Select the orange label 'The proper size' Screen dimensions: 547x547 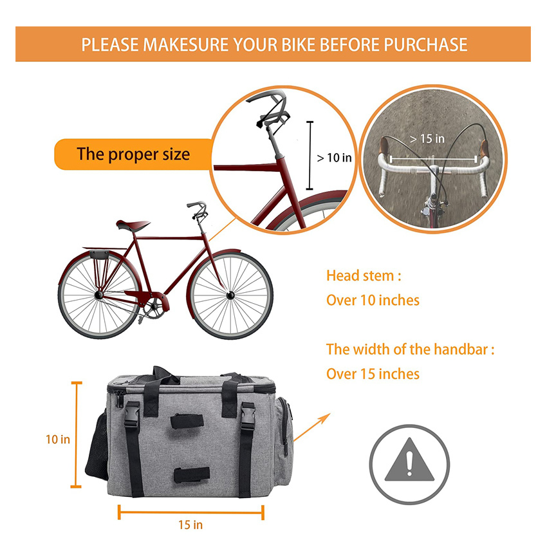(133, 154)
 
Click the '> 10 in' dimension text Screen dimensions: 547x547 (335, 157)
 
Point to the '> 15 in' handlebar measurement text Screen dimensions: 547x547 (427, 138)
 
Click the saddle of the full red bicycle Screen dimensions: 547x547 (132, 225)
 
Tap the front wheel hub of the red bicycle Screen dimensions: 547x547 (230, 295)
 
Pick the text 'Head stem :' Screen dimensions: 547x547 (364, 276)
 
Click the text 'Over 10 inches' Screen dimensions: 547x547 (373, 300)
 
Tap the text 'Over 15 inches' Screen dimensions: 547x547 (373, 374)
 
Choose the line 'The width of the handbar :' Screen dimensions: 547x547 (411, 350)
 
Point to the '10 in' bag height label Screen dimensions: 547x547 (58, 440)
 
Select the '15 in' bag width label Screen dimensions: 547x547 (190, 524)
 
